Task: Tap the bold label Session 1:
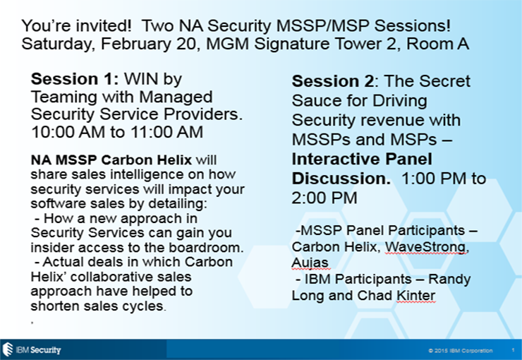pyautogui.click(x=75, y=79)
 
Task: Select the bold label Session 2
pyautogui.click(x=333, y=81)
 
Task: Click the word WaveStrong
pyautogui.click(x=427, y=247)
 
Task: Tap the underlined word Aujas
pyautogui.click(x=310, y=263)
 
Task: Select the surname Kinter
pyautogui.click(x=415, y=295)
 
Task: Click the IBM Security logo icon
pyautogui.click(x=7, y=349)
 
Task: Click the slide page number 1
pyautogui.click(x=513, y=350)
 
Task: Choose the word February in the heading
pyautogui.click(x=136, y=44)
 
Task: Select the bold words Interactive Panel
pyautogui.click(x=362, y=160)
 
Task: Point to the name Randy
pyautogui.click(x=449, y=280)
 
